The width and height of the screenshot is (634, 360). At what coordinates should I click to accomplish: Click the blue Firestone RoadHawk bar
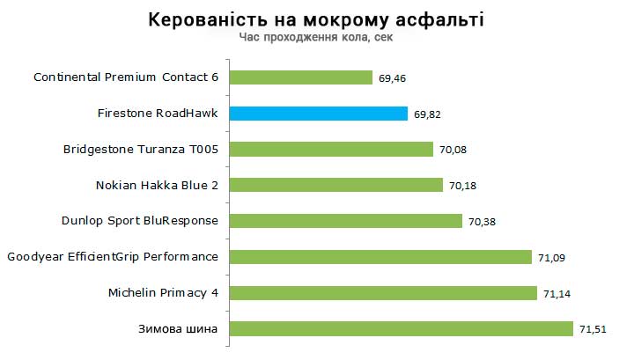(318, 114)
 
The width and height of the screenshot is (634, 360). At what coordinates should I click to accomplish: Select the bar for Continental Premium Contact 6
(300, 77)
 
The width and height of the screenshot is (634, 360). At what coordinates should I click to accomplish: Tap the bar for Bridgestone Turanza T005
(331, 149)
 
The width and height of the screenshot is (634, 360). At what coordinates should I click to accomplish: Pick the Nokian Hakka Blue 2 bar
(335, 185)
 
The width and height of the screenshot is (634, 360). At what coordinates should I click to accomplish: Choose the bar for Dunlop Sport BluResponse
(345, 221)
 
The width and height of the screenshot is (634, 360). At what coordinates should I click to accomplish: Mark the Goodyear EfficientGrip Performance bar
(380, 257)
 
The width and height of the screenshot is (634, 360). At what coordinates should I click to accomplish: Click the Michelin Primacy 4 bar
(382, 292)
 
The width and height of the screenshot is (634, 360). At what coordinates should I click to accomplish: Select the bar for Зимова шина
(401, 328)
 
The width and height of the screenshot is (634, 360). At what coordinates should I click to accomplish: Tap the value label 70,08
(453, 150)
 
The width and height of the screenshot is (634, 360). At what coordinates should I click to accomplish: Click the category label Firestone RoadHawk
(158, 114)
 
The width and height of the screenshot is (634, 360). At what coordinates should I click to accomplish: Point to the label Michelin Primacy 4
(163, 292)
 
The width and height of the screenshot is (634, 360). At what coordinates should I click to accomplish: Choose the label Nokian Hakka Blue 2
(156, 185)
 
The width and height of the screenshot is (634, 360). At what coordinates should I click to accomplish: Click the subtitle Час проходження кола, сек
(316, 38)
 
